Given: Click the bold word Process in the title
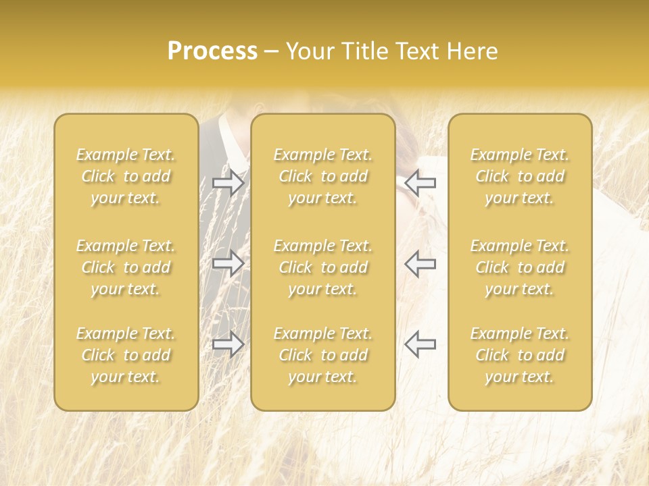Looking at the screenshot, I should pos(212,51).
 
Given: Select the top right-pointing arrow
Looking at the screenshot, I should pos(228,183).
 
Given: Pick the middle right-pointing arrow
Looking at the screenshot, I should pos(228,263).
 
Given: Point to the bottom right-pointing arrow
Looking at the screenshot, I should pos(228,344).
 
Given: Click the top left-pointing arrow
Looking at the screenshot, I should pos(420,183).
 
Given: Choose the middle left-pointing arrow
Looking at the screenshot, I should pos(420,263).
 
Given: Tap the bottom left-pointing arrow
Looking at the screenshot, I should pos(420,344).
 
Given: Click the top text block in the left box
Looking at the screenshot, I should pos(126,176).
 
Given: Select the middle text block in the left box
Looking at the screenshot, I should pos(126,267).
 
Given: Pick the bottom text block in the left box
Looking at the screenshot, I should pos(126,355).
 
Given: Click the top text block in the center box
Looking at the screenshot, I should pos(322,176).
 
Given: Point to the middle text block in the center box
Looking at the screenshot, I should pos(322,267).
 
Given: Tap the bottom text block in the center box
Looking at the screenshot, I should pos(322,355).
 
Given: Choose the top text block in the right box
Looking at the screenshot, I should pos(519,176).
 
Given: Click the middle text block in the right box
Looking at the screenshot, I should pos(519,267).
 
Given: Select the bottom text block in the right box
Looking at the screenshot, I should pos(519,355).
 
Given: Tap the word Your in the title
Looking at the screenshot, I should pos(310,51).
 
